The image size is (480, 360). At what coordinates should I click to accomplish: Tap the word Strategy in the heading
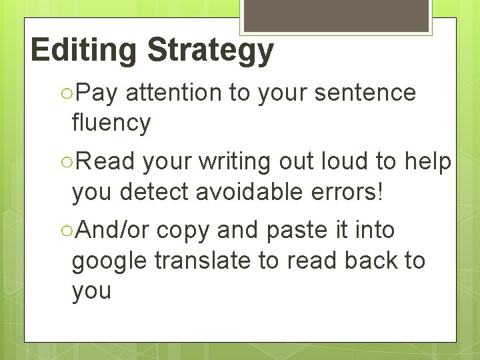210,51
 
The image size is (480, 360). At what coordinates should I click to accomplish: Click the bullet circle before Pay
65,94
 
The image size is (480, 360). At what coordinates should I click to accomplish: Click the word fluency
111,123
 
